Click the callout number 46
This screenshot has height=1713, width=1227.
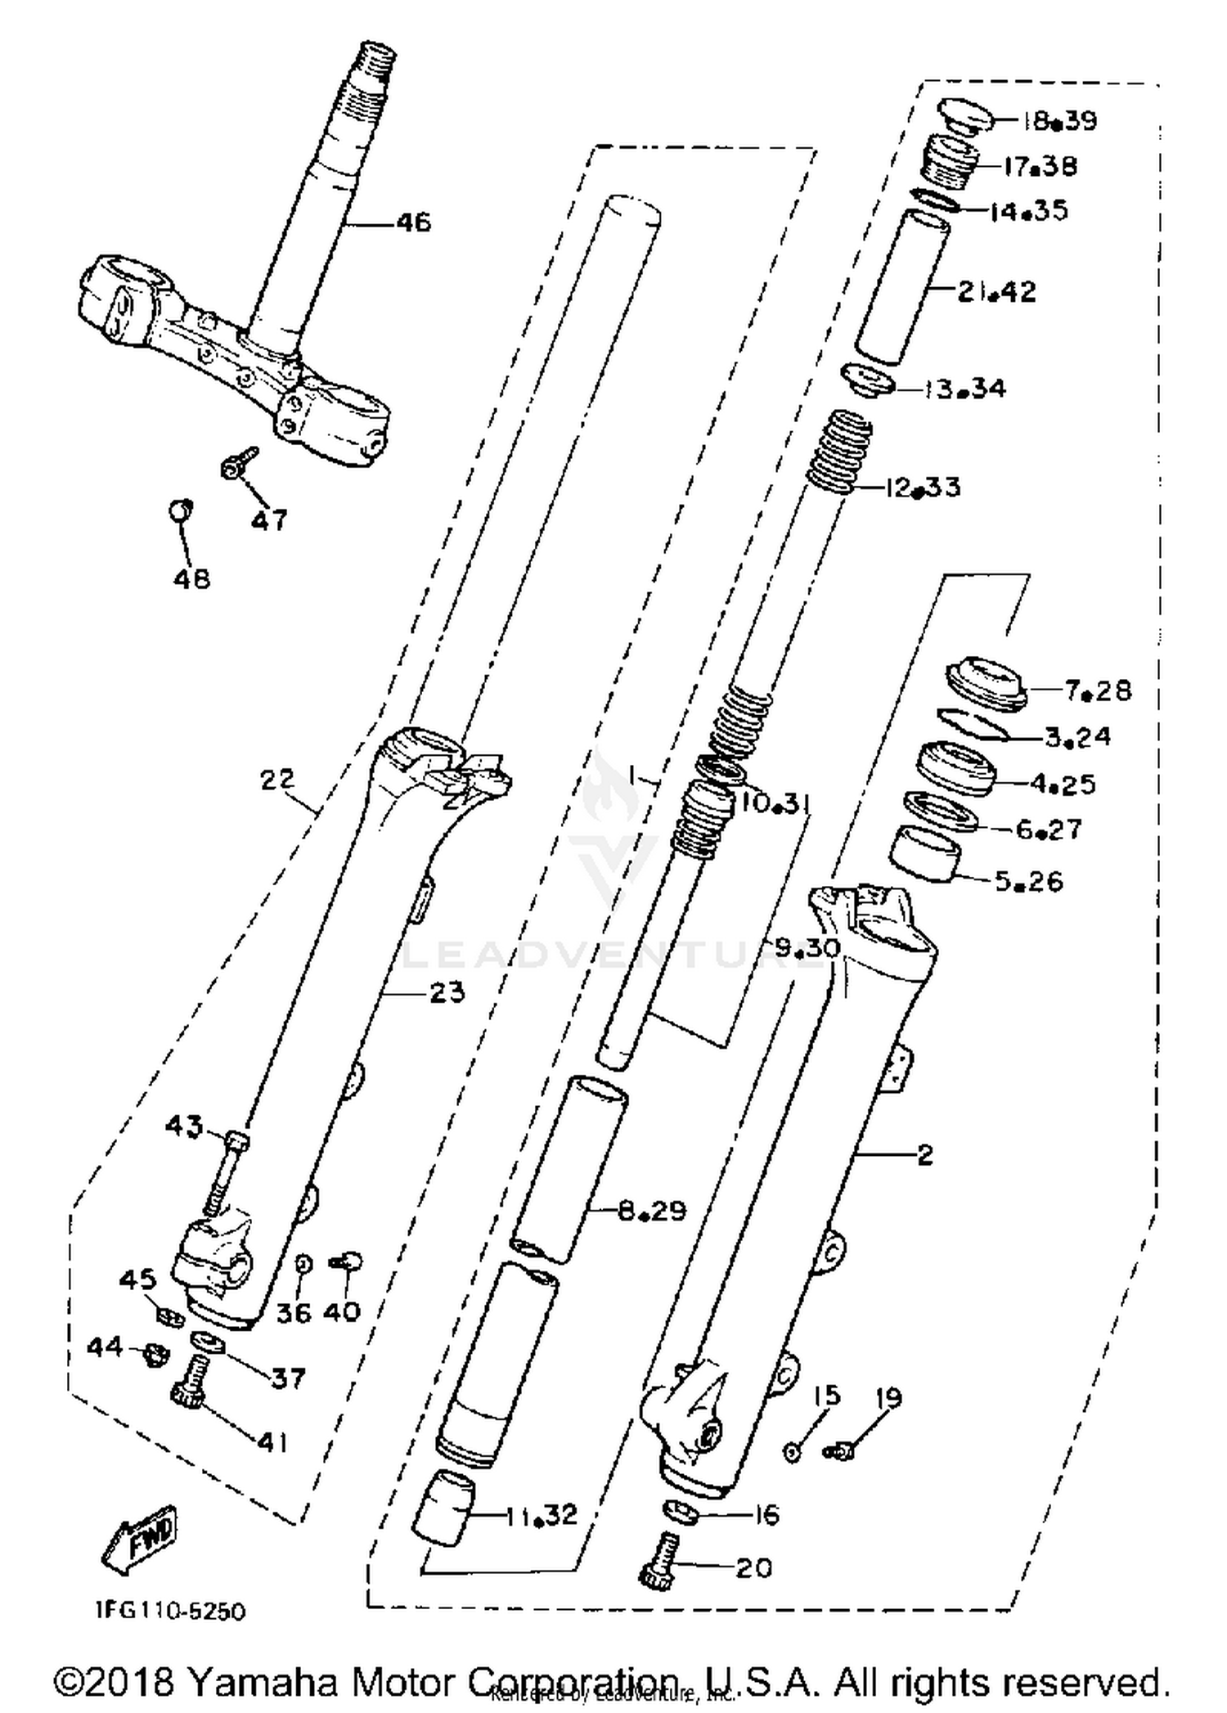pos(414,223)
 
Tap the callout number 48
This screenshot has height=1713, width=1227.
pos(191,578)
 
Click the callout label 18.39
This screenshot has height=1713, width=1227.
pos(1059,121)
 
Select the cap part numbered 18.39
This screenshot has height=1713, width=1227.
pos(966,115)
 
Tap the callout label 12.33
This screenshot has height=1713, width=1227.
pos(922,488)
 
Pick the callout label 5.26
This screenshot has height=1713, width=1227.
pos(1028,881)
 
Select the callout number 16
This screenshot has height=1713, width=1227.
pos(766,1514)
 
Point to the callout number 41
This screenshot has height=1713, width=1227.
pos(272,1441)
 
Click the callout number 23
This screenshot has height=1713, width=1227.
pos(447,992)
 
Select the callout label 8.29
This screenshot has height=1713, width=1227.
pos(651,1210)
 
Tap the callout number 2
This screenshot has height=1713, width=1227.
pos(924,1154)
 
